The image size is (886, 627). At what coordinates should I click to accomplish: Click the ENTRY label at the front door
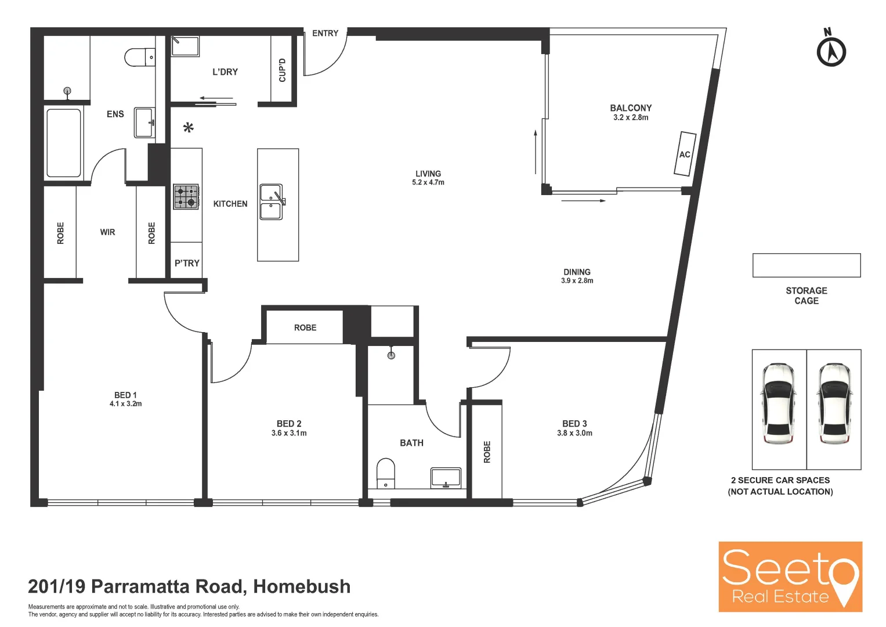pos(325,33)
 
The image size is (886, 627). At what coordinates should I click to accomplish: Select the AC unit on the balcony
pos(685,154)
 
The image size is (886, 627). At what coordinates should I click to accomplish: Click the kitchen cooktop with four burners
pos(186,197)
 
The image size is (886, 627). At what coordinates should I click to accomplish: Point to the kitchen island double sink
pos(271,202)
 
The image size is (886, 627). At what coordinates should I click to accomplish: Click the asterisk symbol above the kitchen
pos(188,128)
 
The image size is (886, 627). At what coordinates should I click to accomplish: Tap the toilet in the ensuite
pos(140,57)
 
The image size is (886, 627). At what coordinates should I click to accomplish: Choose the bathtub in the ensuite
pos(64,143)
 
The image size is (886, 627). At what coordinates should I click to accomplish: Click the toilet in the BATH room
pos(386,474)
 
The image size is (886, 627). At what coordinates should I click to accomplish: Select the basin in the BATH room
pos(446,478)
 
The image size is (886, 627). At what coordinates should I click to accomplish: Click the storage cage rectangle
pos(806,265)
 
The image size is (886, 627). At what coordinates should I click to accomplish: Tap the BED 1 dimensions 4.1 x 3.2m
pos(125,404)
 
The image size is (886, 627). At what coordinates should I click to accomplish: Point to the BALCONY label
pos(631,108)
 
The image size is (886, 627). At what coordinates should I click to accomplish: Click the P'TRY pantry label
pos(187,263)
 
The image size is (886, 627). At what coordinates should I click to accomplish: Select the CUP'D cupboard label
pos(283,70)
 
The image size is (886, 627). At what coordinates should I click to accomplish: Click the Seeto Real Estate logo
pos(790,576)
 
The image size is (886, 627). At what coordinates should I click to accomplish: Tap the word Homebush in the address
pos(302,586)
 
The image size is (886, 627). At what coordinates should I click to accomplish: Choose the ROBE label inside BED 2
pos(305,328)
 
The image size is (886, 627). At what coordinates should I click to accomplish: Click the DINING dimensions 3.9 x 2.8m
pos(577,281)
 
